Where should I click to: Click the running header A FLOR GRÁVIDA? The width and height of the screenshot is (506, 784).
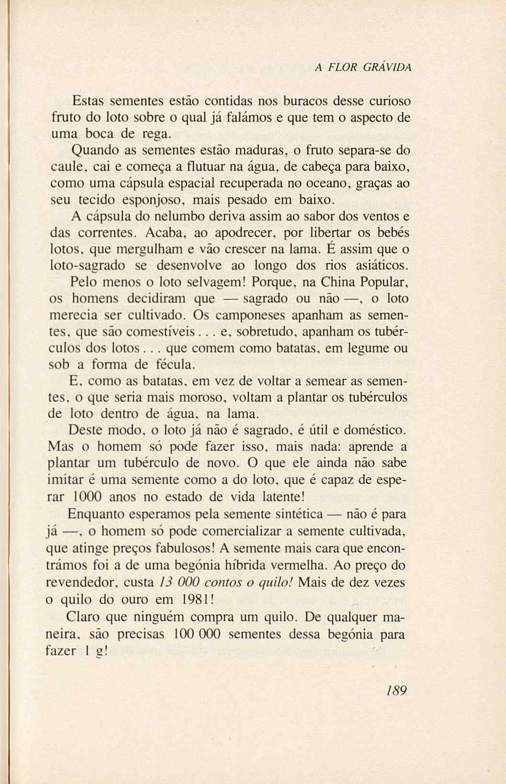tap(363, 68)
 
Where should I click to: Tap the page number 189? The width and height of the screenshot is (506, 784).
tap(395, 691)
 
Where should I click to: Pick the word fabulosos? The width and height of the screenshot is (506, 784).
tap(174, 547)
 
